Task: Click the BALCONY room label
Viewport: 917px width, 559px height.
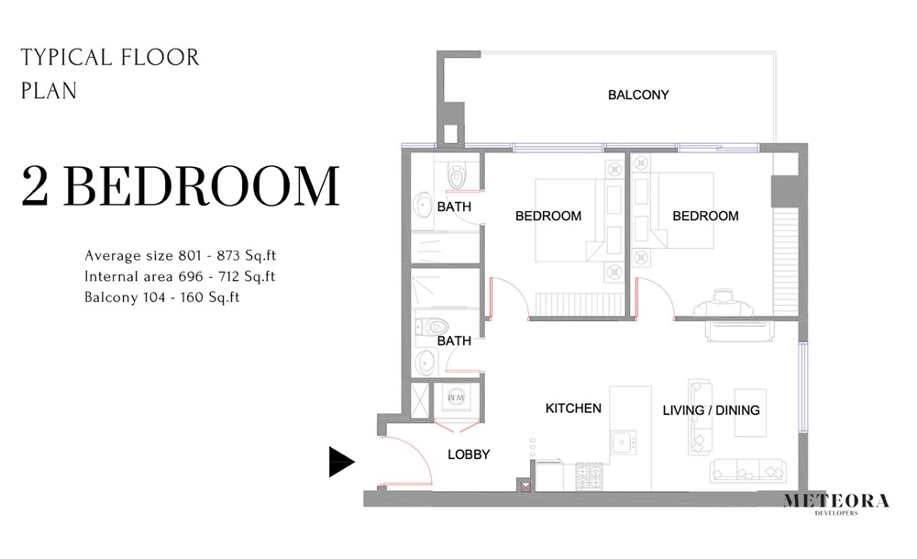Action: [638, 95]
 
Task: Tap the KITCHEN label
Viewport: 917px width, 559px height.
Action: [573, 408]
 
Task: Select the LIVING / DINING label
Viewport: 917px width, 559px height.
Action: [711, 410]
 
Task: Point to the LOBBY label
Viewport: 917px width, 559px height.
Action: [468, 454]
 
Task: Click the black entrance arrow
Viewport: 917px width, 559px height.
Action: [341, 462]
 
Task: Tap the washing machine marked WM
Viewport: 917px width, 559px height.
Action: [456, 398]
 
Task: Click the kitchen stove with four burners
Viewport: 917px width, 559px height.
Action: [588, 475]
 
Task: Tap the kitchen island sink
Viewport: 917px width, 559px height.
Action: [624, 442]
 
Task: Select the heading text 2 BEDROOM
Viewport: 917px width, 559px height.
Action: [180, 186]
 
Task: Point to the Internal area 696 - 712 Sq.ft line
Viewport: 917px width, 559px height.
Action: [180, 276]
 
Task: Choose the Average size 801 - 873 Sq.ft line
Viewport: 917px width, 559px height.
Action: [180, 255]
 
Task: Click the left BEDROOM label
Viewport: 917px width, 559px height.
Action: [548, 217]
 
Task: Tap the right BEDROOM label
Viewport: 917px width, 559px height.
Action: [705, 217]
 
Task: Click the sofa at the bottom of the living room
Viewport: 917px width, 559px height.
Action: [746, 470]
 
